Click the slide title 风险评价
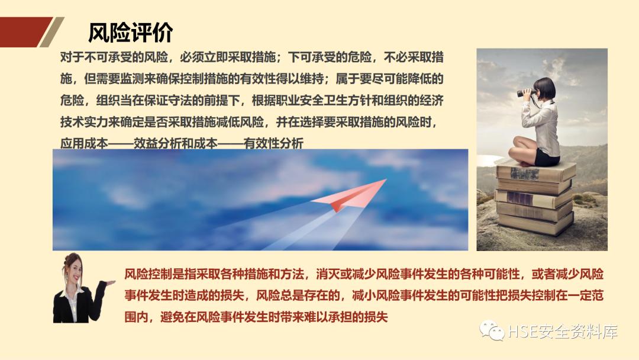coord(130,33)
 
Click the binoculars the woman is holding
coord(525,93)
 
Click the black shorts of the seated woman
coord(546,158)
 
